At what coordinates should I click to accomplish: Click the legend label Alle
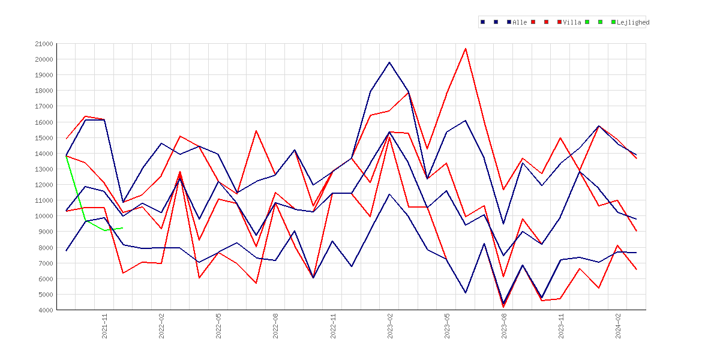tap(520, 22)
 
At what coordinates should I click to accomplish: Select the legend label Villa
tap(572, 22)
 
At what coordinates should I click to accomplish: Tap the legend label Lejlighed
tap(633, 22)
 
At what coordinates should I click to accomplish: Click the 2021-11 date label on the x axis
tap(105, 326)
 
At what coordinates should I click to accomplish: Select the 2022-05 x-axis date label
tap(219, 326)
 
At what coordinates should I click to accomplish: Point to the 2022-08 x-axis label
tap(276, 326)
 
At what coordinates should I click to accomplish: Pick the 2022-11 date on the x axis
tap(333, 326)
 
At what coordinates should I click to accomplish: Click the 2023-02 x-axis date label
tap(390, 326)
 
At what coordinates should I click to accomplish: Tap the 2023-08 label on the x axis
tap(504, 326)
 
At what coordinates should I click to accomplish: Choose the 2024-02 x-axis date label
tap(618, 326)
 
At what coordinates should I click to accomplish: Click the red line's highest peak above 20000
tap(466, 49)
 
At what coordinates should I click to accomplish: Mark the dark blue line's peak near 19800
tap(389, 62)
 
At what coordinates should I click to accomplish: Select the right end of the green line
tap(122, 228)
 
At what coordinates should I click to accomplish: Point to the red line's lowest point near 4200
tap(503, 307)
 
